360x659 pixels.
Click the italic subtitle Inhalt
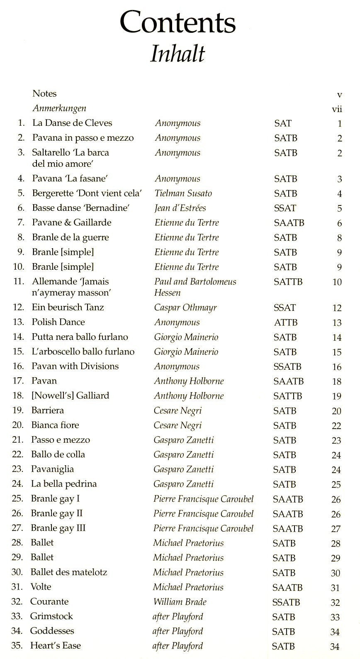(178, 54)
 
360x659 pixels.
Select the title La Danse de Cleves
(72, 123)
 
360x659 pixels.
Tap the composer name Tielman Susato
(183, 193)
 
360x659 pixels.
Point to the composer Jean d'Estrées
(180, 208)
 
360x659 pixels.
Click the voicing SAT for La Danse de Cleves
(283, 123)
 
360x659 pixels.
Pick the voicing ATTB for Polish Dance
(286, 322)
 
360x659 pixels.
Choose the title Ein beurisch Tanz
(68, 308)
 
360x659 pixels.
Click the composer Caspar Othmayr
(185, 308)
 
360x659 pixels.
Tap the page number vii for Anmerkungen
(337, 109)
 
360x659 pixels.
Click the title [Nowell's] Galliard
(70, 395)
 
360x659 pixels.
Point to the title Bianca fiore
(55, 425)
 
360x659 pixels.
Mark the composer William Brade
(180, 602)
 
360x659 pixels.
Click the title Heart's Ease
(56, 646)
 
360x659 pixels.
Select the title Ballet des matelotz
(69, 572)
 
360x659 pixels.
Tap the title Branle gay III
(58, 528)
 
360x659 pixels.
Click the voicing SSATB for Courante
(286, 602)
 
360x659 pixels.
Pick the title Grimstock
(51, 616)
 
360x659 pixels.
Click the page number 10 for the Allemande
(337, 282)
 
